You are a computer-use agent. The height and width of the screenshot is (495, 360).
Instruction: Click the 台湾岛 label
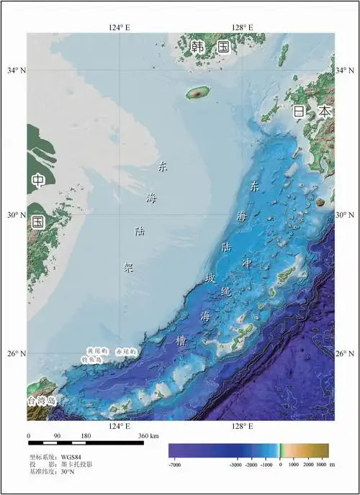(x=41, y=401)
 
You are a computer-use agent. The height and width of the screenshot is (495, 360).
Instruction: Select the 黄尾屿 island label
(x=96, y=350)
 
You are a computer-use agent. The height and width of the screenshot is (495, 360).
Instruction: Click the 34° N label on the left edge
(x=13, y=71)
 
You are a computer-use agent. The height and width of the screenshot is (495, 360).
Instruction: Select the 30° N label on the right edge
(x=346, y=215)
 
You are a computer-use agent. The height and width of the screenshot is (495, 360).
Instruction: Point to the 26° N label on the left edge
(x=13, y=354)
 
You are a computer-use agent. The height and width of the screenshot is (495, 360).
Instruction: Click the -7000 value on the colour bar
(x=174, y=466)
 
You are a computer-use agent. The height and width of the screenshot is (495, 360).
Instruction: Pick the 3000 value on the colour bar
(x=320, y=466)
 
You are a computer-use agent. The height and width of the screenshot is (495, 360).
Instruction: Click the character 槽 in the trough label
(x=180, y=341)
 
